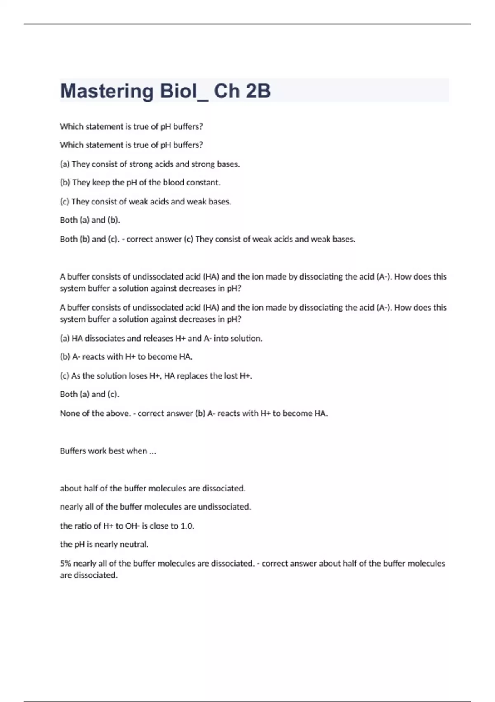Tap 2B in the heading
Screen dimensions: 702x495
(x=258, y=91)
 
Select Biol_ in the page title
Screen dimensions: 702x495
(x=184, y=91)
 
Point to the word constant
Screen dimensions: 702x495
(x=203, y=183)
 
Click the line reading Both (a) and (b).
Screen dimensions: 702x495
(x=90, y=220)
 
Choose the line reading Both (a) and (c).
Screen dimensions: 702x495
(x=90, y=394)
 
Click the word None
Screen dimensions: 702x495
(x=70, y=413)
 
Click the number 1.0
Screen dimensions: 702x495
(x=187, y=526)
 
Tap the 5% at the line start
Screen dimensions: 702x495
(x=66, y=564)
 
